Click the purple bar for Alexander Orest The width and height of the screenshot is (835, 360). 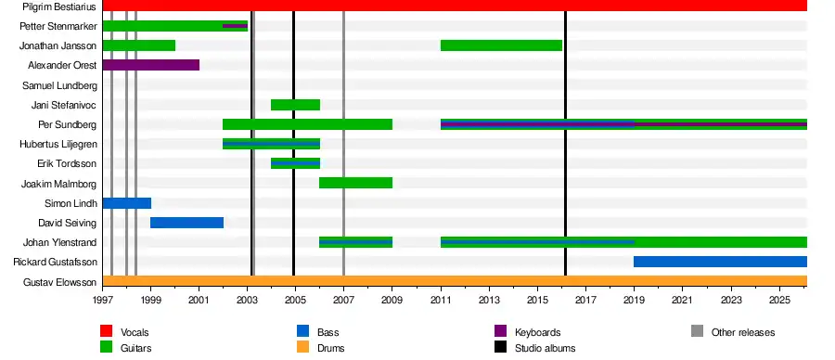point(150,65)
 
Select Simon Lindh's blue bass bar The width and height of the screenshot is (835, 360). point(127,203)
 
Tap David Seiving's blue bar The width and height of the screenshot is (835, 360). point(186,223)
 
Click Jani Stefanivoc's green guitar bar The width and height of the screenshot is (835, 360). point(296,104)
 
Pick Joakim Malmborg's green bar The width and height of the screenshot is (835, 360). point(355,183)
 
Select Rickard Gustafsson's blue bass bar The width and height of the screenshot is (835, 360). point(721,262)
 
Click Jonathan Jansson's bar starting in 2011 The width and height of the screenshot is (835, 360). point(502,45)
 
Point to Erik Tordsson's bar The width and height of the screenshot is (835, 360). point(296,163)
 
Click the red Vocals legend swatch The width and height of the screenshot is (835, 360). point(107,331)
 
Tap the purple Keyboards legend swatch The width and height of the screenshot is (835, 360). point(501,331)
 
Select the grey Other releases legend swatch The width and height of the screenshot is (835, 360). point(698,331)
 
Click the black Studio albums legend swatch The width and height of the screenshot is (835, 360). point(501,347)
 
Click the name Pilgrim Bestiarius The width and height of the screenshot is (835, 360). point(59,6)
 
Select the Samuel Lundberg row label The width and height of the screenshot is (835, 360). point(59,85)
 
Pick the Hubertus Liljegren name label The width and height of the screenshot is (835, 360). point(58,144)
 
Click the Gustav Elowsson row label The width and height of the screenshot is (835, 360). point(60,282)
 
